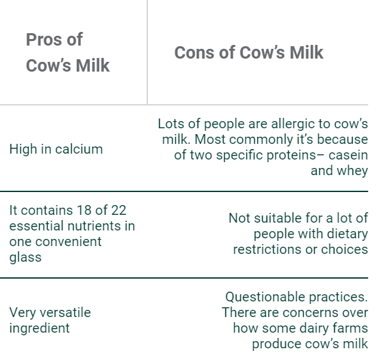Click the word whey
pos(353,171)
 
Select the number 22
pos(119,210)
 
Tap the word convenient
pos(68,242)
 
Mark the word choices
pos(344,249)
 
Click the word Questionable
pos(265,297)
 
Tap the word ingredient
pos(40,329)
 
